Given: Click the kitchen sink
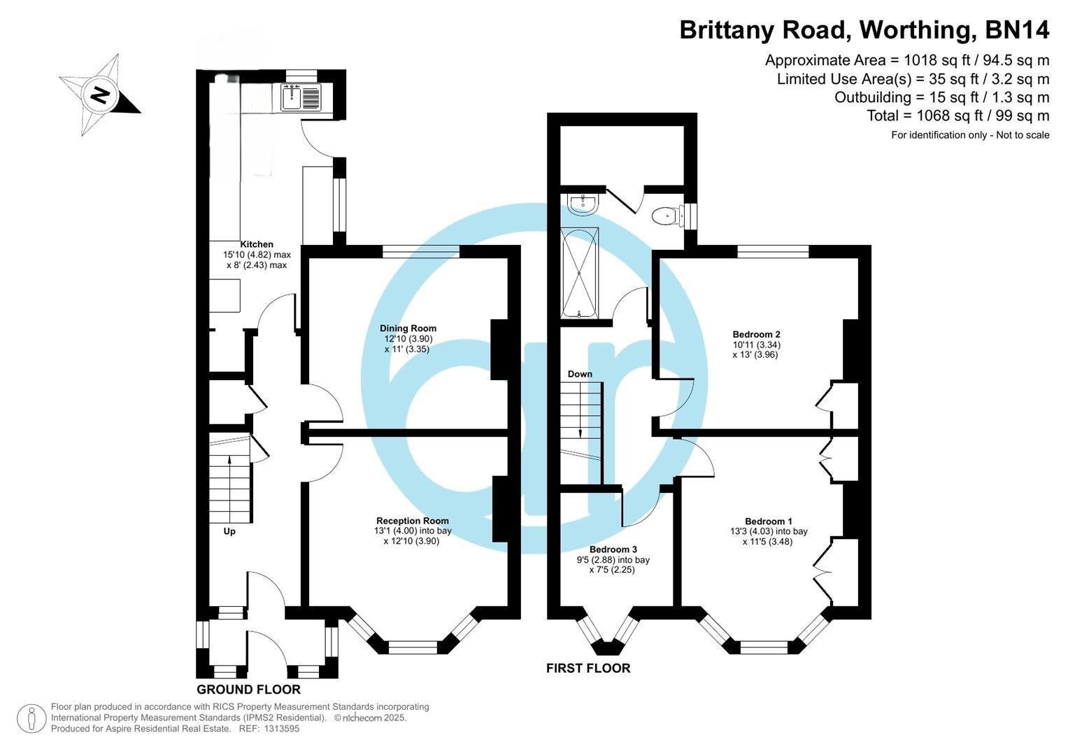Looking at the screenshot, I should (x=301, y=97).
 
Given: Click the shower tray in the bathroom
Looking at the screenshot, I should (x=579, y=272).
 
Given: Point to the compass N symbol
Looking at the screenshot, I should (x=100, y=94).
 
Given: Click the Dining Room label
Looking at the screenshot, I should (x=408, y=328).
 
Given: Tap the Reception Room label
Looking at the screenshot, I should (x=412, y=521).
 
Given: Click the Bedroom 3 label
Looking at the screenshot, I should (x=613, y=549).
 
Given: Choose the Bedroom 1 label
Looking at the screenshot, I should (x=768, y=521).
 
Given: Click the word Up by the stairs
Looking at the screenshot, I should (x=229, y=531).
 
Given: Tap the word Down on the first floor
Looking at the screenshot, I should (x=580, y=374).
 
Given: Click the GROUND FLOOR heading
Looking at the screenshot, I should (x=248, y=689).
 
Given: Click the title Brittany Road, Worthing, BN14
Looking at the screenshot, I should (x=864, y=30).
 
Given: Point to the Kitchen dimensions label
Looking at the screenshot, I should (x=256, y=255).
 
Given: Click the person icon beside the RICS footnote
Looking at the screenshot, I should (x=31, y=719).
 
